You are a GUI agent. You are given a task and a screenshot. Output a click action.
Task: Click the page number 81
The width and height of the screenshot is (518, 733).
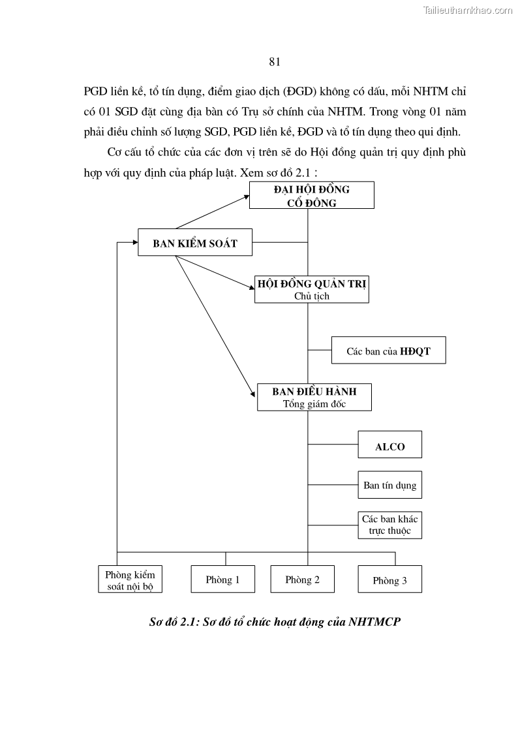(x=274, y=62)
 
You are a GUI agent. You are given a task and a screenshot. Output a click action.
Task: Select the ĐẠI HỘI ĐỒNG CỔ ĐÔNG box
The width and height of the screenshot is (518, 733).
(x=311, y=195)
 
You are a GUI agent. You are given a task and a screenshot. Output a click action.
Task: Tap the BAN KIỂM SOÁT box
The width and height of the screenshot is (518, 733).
(x=194, y=243)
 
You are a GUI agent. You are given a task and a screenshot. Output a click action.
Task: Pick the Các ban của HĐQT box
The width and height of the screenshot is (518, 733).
(x=388, y=351)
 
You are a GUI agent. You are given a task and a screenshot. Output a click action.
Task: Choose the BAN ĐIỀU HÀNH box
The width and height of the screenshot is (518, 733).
(x=314, y=397)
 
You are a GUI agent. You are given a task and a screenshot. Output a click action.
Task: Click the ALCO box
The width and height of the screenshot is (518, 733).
(x=389, y=447)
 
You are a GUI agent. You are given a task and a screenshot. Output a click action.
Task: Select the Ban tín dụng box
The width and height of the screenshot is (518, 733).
(x=389, y=485)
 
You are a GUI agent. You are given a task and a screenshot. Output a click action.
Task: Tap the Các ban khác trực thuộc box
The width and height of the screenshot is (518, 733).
(x=389, y=524)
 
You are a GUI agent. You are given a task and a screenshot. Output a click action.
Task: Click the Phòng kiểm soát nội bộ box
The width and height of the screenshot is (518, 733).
(x=130, y=580)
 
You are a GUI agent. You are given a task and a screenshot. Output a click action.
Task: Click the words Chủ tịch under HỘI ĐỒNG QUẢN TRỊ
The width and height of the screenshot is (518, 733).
(x=311, y=296)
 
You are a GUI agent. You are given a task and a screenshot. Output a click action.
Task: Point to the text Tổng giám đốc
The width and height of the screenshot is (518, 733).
(x=314, y=404)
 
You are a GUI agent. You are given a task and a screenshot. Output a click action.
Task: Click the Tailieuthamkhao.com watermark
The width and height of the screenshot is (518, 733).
(x=468, y=10)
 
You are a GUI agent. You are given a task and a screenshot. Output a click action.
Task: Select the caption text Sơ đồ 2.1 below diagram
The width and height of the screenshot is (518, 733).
(x=275, y=622)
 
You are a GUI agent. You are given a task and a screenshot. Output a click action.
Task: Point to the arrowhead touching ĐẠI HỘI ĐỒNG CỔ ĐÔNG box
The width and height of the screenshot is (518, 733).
(x=246, y=196)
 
